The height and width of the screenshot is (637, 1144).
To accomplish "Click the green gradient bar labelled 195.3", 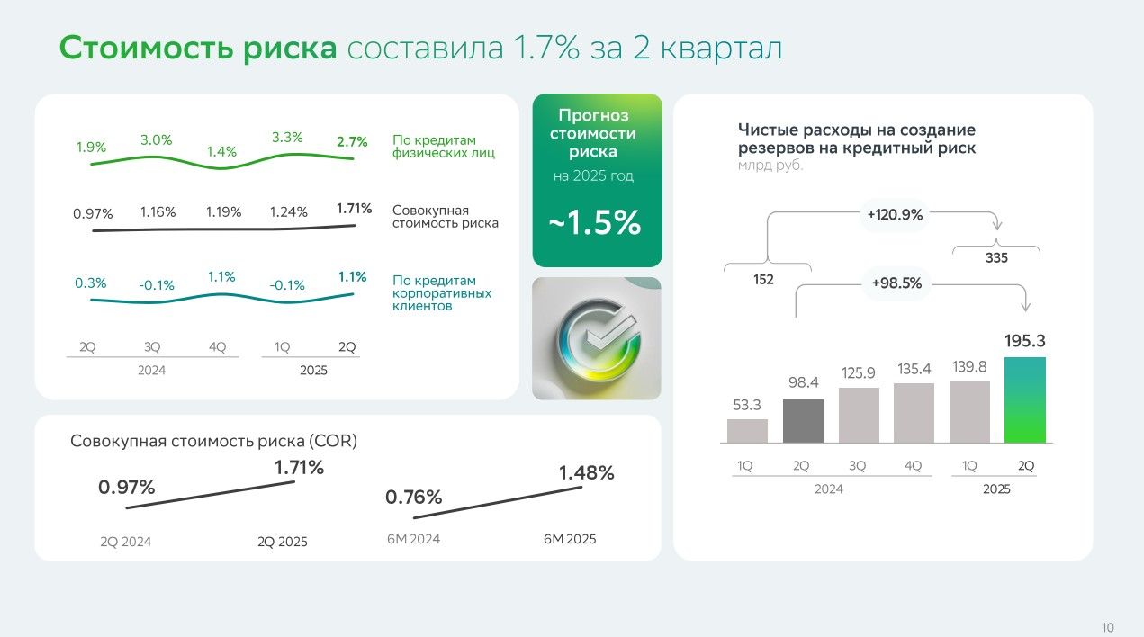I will tap(1025, 399).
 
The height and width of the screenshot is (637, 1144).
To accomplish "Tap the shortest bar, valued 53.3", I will tap(747, 431).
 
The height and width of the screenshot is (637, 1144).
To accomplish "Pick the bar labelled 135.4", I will tap(914, 413).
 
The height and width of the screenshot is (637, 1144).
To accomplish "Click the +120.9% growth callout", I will tap(895, 215).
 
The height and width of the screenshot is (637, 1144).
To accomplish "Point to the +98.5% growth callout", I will tap(896, 283).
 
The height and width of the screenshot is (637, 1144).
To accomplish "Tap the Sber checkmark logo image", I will tap(597, 338).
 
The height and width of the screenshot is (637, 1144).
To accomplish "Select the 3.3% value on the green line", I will tap(286, 138).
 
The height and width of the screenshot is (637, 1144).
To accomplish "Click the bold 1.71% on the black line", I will tap(354, 209).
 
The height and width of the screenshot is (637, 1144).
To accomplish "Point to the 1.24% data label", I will tap(289, 212).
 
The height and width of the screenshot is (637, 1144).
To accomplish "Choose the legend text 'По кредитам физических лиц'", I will tap(434, 147).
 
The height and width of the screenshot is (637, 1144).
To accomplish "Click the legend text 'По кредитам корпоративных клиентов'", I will tap(441, 293).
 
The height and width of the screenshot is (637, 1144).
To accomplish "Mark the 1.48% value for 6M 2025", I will tap(586, 472).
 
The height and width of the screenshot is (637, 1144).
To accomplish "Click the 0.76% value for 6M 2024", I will tap(414, 497).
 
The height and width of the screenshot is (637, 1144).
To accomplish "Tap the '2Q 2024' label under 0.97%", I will tap(126, 542).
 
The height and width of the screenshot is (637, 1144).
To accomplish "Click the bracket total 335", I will tap(996, 257).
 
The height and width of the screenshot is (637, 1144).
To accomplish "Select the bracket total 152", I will tap(763, 279).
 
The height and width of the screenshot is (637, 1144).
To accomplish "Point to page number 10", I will tap(1107, 627).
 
